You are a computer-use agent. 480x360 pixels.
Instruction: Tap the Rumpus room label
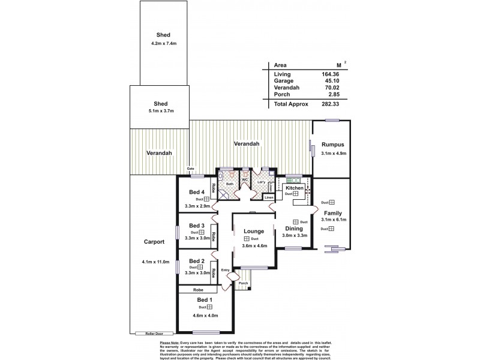[x=332, y=145]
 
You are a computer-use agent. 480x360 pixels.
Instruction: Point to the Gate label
[x=191, y=169]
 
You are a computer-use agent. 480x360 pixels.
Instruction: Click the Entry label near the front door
[x=225, y=270]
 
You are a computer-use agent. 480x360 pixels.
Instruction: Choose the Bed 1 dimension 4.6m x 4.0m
[x=205, y=316]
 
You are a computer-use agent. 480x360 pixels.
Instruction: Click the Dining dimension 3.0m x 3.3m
[x=295, y=235]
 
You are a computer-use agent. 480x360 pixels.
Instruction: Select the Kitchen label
[x=295, y=188]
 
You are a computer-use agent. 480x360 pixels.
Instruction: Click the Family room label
[x=333, y=213]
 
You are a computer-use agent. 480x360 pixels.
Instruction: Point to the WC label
[x=245, y=179]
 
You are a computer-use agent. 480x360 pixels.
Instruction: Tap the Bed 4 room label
[x=197, y=192]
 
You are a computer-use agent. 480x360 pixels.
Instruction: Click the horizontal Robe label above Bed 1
[x=198, y=289]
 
